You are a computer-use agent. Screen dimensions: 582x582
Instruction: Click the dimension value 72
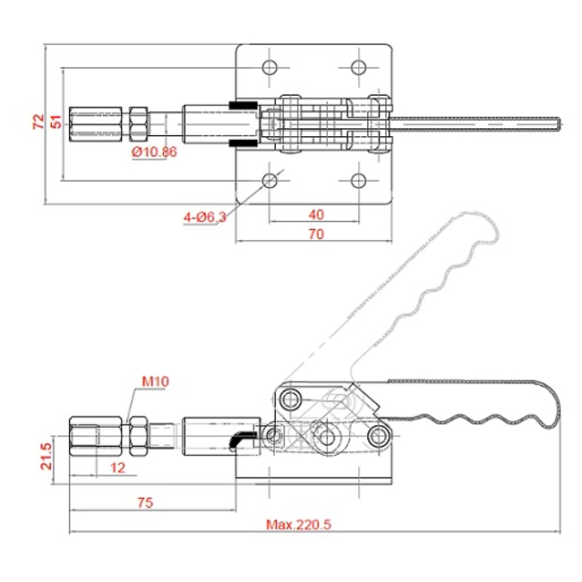[39, 122]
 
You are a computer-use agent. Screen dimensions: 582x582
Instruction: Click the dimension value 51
[56, 122]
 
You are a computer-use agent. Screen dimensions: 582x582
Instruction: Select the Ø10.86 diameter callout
[154, 152]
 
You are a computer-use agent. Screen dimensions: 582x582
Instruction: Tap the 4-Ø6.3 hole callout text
[205, 218]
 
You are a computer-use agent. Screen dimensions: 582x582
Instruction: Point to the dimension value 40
[316, 215]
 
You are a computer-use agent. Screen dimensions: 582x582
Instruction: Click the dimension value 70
[316, 235]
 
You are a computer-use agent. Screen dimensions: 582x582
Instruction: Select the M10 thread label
[156, 381]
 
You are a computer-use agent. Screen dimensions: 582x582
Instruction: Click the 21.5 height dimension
[47, 456]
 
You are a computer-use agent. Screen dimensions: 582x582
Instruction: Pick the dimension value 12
[117, 467]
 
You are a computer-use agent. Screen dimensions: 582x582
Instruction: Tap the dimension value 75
[145, 502]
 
